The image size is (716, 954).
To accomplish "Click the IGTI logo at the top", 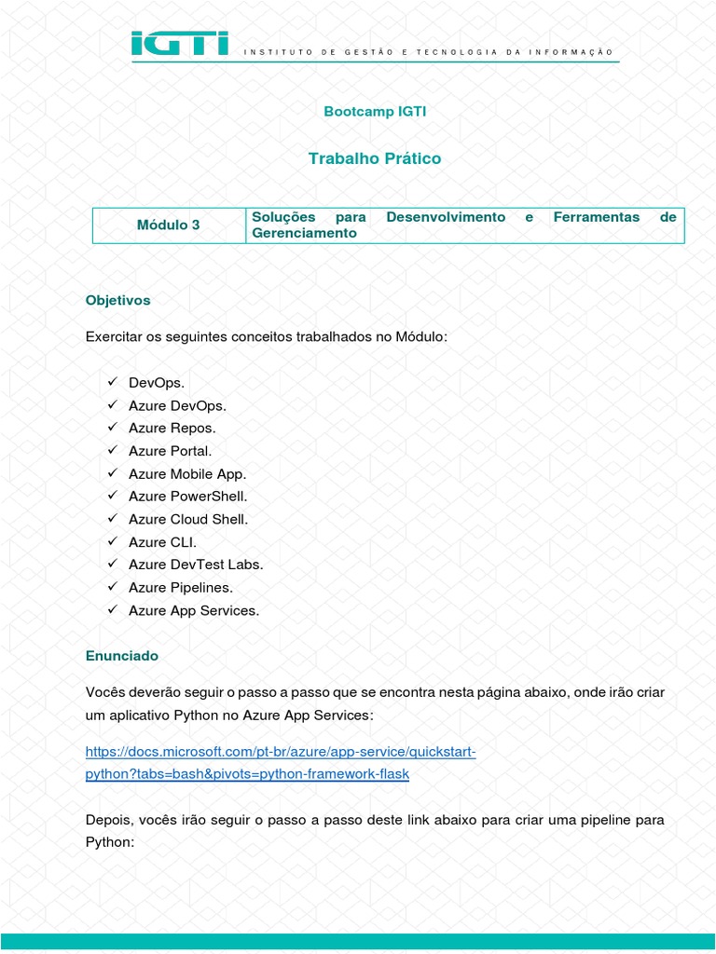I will coord(180,44).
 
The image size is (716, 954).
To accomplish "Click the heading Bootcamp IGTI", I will coord(375,111).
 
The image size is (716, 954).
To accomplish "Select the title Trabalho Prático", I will coord(375,158).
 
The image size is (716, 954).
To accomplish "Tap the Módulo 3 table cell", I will coord(169,225).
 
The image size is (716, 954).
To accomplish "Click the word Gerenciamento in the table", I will coord(305,233).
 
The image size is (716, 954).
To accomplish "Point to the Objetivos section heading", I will coord(117,301).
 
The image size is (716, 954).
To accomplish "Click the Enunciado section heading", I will coord(122,656).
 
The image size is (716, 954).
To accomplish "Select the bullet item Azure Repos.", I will coord(172,429).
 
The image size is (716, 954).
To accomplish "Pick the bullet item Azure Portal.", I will coord(171,451).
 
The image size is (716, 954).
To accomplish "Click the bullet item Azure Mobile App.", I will coord(187,474).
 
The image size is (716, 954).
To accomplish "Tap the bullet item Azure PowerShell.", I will coord(188,497).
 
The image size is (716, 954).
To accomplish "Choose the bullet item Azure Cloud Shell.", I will coord(188,520).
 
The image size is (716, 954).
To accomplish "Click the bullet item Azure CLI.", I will coord(163,542).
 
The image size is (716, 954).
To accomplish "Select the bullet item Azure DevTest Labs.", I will coord(196,565).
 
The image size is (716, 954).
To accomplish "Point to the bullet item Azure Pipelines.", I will coord(181,588).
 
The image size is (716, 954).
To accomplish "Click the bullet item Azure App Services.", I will coord(194,611).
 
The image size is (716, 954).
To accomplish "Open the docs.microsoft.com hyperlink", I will coord(281,752).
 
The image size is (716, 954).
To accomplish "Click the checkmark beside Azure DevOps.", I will coord(111,405).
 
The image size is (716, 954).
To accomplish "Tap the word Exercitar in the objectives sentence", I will coord(113,336).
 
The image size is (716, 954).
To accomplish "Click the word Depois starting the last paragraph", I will coord(109,819).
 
